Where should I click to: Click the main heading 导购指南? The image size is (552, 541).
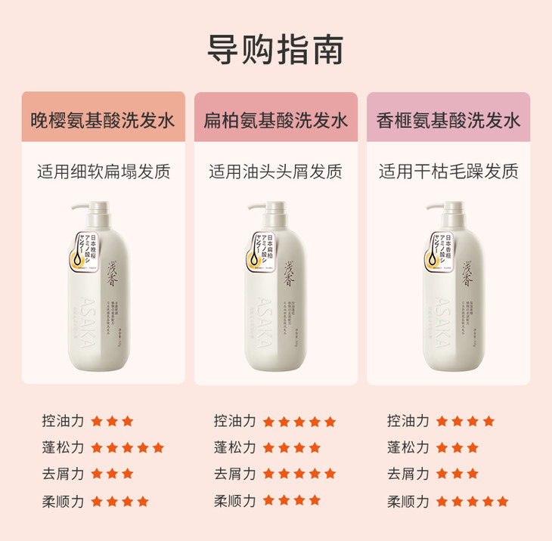pyautogui.click(x=275, y=50)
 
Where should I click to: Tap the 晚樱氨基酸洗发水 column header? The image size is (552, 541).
pyautogui.click(x=103, y=120)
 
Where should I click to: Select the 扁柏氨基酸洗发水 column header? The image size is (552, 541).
pyautogui.click(x=275, y=120)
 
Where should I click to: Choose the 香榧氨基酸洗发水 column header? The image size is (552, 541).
pyautogui.click(x=448, y=120)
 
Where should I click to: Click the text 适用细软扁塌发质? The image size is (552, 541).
pyautogui.click(x=103, y=172)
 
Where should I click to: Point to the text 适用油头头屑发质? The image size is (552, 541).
pyautogui.click(x=275, y=172)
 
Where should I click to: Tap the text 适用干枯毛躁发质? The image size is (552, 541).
pyautogui.click(x=448, y=172)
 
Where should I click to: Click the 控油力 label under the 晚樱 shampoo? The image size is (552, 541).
pyautogui.click(x=64, y=421)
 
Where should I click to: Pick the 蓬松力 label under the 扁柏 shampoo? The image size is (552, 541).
pyautogui.click(x=235, y=447)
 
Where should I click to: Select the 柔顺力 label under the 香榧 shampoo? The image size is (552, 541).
pyautogui.click(x=408, y=501)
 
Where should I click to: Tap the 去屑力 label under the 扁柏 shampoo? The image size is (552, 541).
pyautogui.click(x=235, y=474)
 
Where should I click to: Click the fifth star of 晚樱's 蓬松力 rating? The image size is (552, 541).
pyautogui.click(x=158, y=447)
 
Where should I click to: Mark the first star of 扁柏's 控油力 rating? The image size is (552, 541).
pyautogui.click(x=268, y=421)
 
